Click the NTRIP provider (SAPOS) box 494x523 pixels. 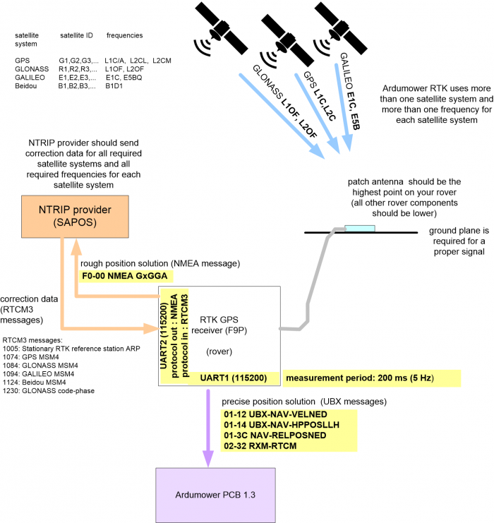pos(75,217)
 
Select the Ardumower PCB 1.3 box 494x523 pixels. pos(215,495)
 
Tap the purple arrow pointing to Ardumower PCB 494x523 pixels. pos(208,428)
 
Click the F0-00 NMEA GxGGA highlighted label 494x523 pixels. pos(125,276)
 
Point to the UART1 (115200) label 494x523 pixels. pos(234,378)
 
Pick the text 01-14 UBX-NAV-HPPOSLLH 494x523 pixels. pos(282,425)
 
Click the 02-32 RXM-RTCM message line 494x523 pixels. pos(260,446)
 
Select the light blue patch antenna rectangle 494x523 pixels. pos(360,229)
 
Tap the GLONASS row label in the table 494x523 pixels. pos(32,69)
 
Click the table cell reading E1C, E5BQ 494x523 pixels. pos(124,78)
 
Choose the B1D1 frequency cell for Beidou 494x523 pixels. pos(114,86)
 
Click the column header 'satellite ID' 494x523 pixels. pos(76,35)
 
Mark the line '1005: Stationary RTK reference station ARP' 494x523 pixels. pos(71,349)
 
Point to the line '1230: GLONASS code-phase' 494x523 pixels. pos(49,391)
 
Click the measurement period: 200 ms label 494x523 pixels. pos(360,378)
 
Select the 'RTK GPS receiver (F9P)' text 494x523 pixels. pos(219,325)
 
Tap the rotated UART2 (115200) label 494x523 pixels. pos(164,336)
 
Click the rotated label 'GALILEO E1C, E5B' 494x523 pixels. pos(349,91)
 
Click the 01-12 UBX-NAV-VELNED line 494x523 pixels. pos(275,414)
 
